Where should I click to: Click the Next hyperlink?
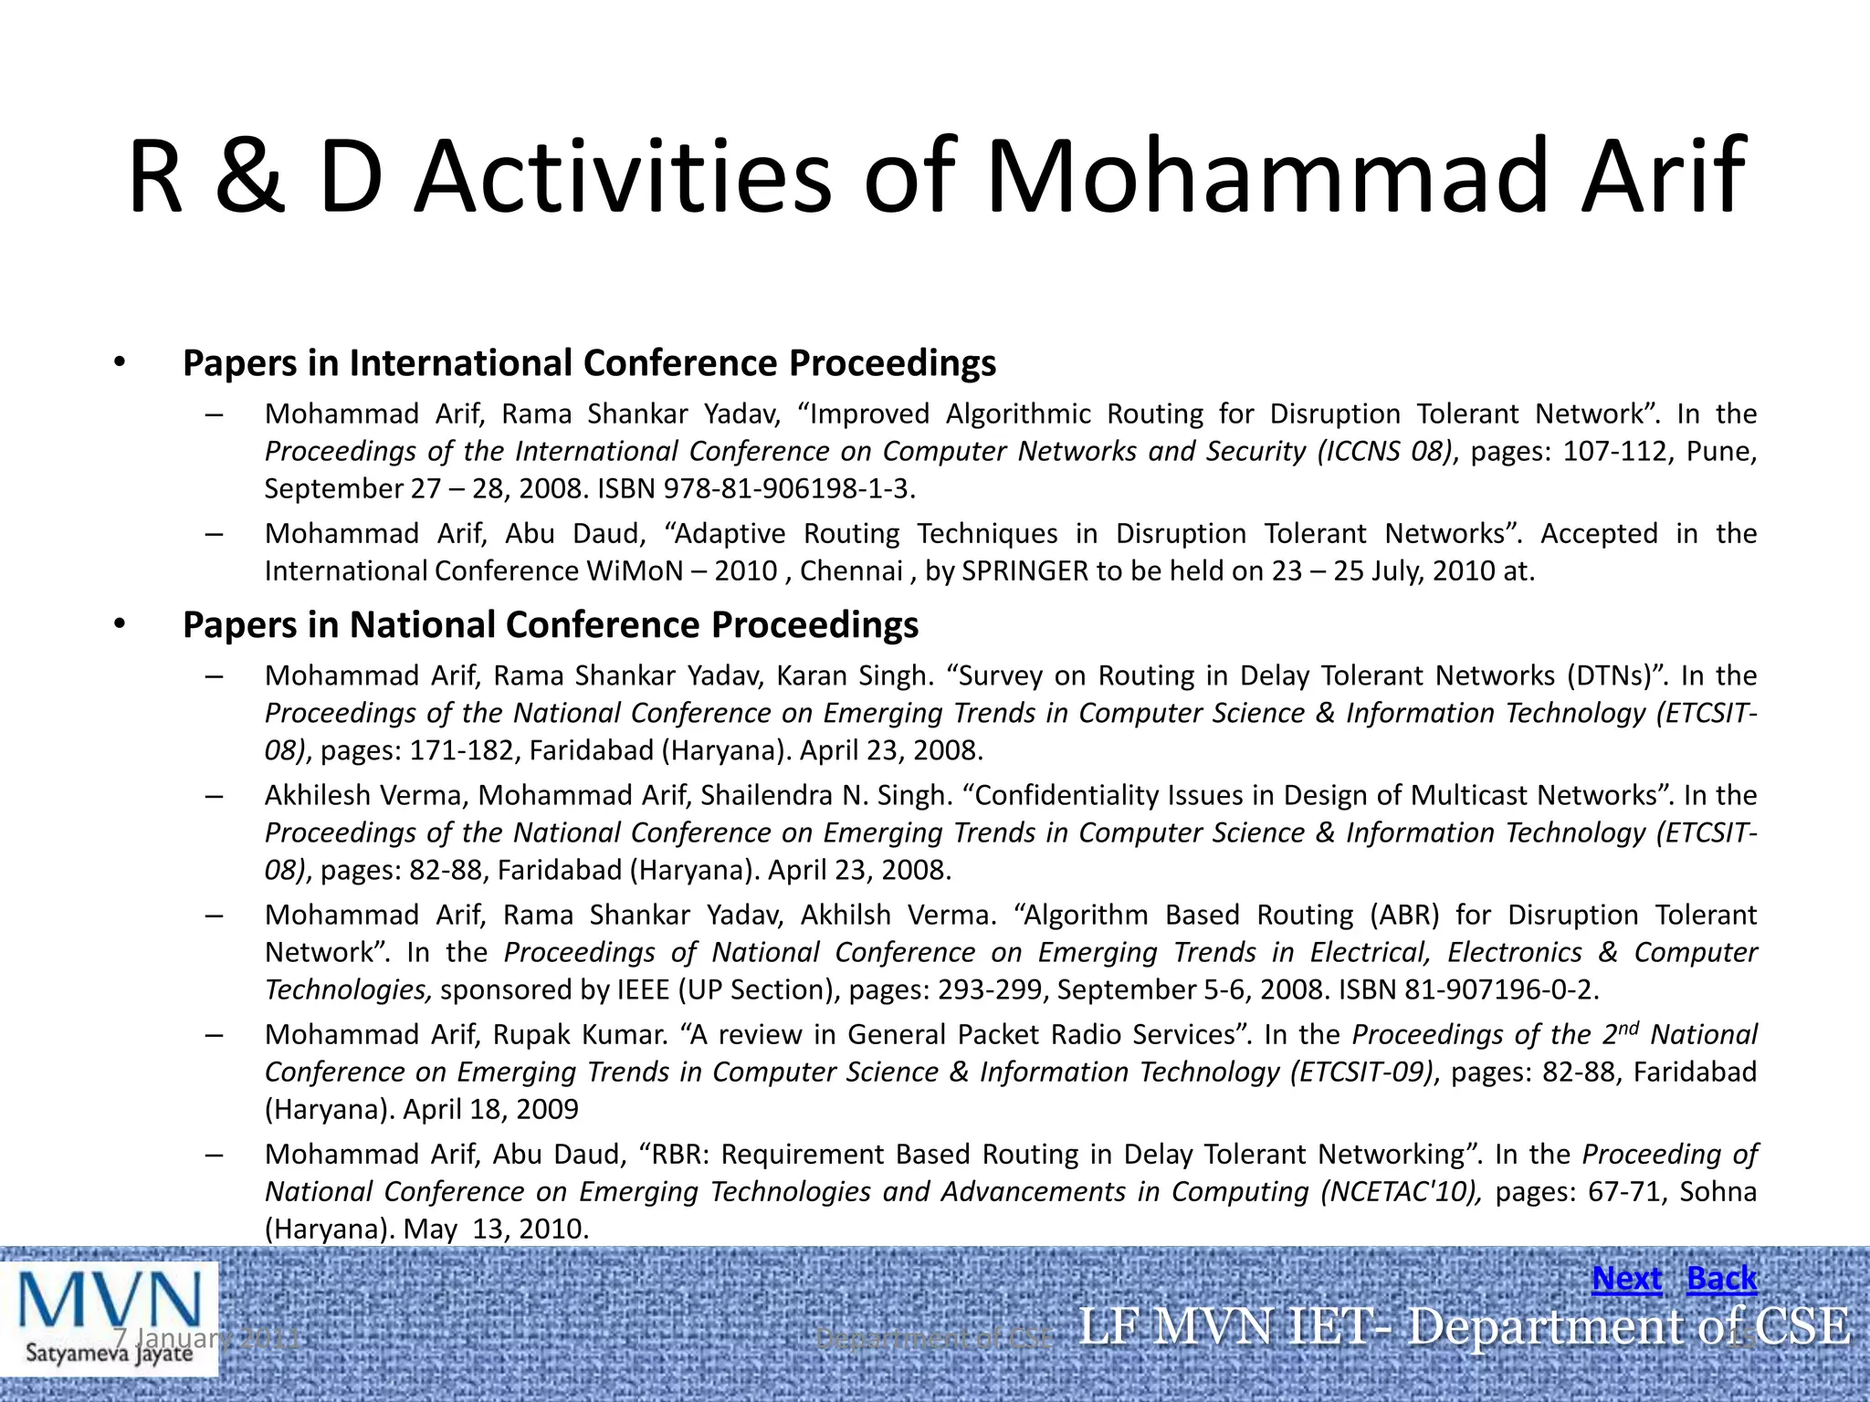click(x=1626, y=1279)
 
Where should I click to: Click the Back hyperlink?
click(x=1721, y=1279)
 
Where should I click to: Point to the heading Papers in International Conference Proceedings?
click(x=589, y=363)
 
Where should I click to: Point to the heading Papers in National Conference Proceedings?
click(x=551, y=625)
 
